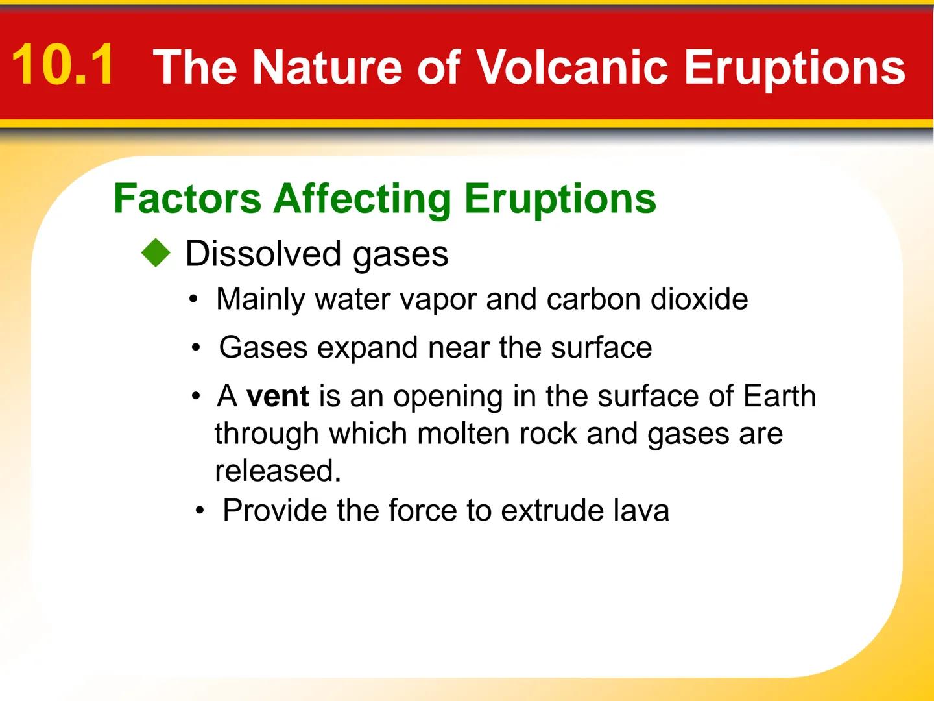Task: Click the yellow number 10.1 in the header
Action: (x=63, y=65)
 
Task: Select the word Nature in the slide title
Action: (x=328, y=67)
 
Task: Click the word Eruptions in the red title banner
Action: (x=795, y=67)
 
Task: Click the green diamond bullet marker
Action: (x=156, y=253)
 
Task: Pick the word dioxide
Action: (x=699, y=299)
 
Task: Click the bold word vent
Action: (x=278, y=397)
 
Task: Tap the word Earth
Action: (x=779, y=396)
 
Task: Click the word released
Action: (x=277, y=471)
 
